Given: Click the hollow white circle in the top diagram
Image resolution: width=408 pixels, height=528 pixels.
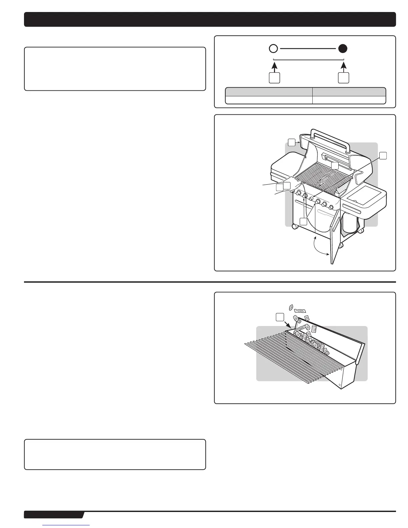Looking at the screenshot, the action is [273, 49].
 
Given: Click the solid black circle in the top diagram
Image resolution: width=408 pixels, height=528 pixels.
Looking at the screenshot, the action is [343, 49].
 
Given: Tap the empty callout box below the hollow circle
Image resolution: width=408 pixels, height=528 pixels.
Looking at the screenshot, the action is [274, 78].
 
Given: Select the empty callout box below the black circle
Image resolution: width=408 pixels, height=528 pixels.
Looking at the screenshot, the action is [343, 78].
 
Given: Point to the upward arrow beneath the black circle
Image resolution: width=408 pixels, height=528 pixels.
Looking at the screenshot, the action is [343, 67].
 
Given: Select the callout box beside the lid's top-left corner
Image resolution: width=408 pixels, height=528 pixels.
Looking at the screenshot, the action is [292, 142].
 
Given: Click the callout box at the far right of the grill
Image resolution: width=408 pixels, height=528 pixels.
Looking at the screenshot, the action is [383, 156].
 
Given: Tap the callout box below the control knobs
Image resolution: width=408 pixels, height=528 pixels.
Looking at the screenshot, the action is [303, 222].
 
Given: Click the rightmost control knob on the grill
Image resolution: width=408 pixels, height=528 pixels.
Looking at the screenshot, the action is [331, 207].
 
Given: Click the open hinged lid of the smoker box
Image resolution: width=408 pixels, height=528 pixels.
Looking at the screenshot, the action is [333, 337].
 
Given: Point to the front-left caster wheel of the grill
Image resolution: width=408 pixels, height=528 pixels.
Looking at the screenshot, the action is [295, 227].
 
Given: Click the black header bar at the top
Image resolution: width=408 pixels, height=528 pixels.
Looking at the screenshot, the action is [210, 19].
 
